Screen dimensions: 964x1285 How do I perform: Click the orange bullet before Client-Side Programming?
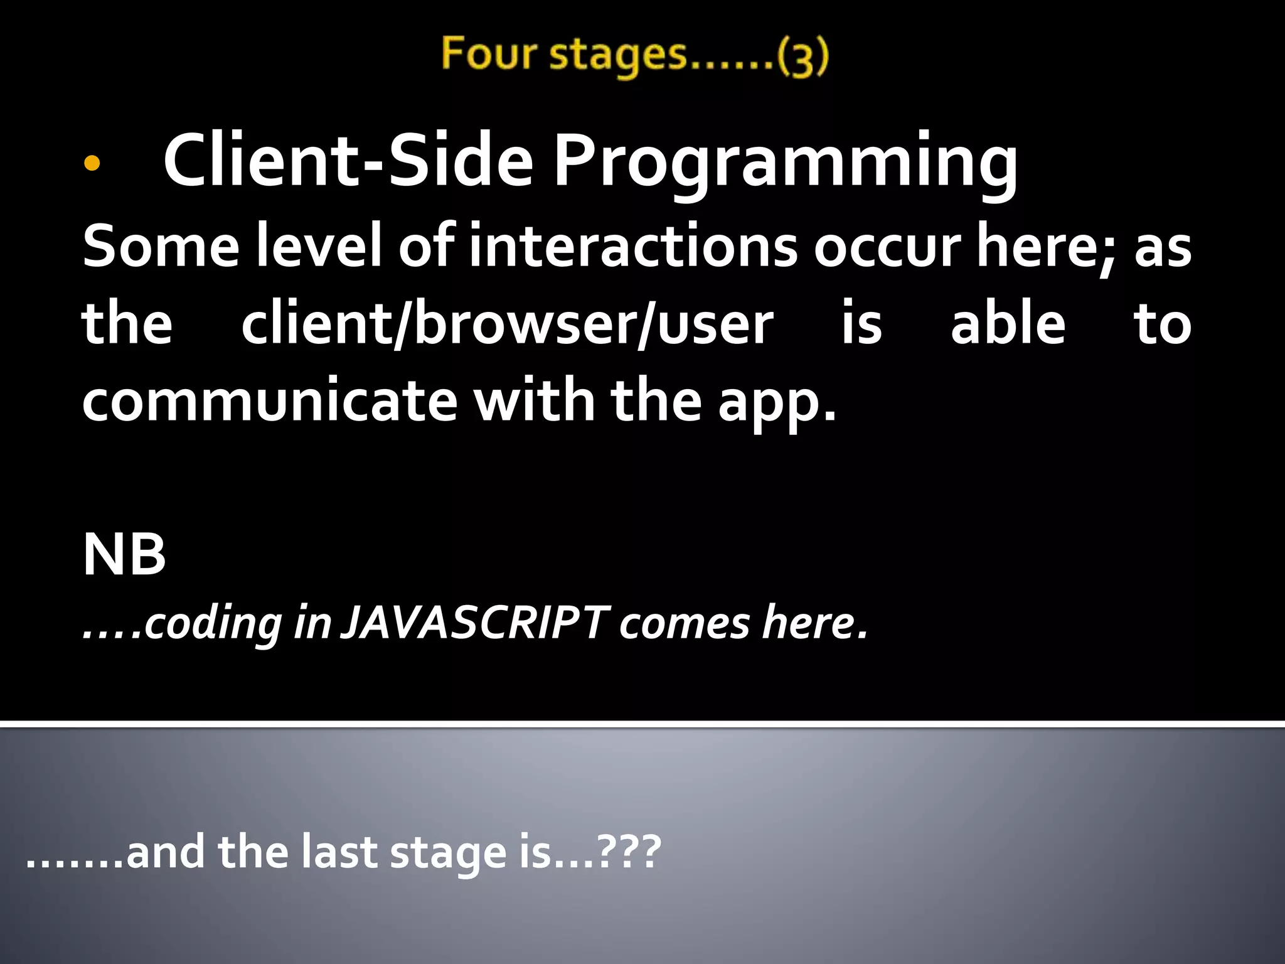pos(92,164)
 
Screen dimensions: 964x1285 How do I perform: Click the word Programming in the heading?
pos(786,162)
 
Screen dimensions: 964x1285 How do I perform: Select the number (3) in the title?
pos(803,56)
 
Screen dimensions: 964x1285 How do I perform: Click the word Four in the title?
pos(488,53)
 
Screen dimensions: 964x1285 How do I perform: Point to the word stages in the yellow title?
pos(619,55)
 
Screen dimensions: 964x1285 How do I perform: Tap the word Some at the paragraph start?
pos(161,246)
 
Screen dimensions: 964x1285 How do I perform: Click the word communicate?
pos(270,402)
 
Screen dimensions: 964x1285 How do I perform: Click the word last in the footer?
pos(339,852)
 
